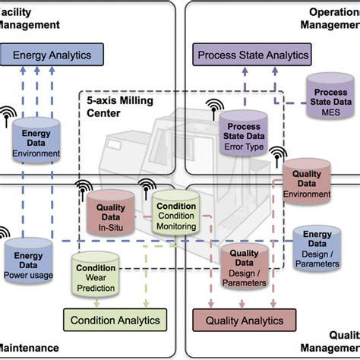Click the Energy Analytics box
click(x=53, y=55)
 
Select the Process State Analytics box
click(x=253, y=55)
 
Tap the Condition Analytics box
click(x=115, y=320)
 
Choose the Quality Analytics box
click(x=243, y=320)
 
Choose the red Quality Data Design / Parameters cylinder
click(x=245, y=267)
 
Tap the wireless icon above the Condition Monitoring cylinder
click(x=146, y=185)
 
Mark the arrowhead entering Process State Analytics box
click(x=245, y=69)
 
